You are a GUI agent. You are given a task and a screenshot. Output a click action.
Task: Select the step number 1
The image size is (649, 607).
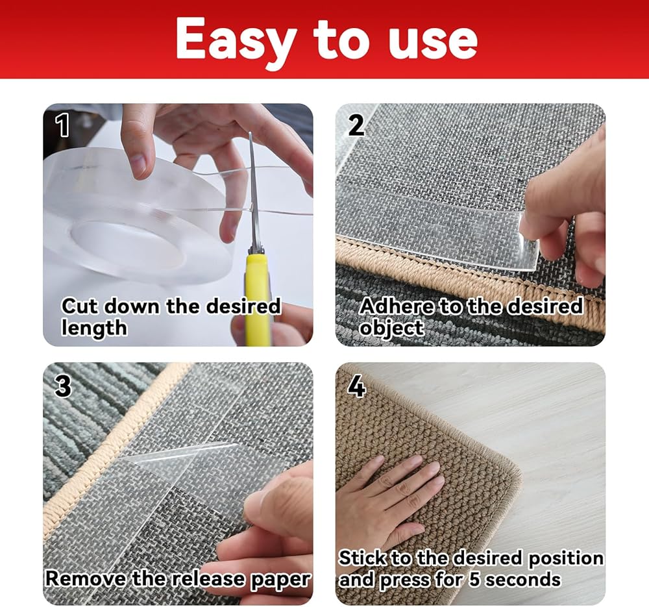click(x=62, y=125)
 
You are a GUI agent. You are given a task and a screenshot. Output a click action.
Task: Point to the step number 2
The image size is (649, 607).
click(x=356, y=125)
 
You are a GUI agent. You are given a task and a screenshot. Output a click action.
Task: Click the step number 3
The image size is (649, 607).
click(x=63, y=386)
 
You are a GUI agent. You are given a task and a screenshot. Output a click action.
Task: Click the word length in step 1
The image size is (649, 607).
click(x=94, y=328)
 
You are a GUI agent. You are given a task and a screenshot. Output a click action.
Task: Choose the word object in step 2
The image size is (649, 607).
click(x=391, y=328)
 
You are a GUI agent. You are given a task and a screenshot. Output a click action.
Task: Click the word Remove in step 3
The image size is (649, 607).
click(x=86, y=578)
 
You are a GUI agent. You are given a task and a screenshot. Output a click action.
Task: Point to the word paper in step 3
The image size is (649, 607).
click(x=280, y=580)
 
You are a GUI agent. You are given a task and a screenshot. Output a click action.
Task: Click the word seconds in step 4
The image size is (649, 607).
click(x=523, y=579)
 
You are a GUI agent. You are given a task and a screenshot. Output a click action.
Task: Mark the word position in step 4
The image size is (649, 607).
click(x=566, y=558)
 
